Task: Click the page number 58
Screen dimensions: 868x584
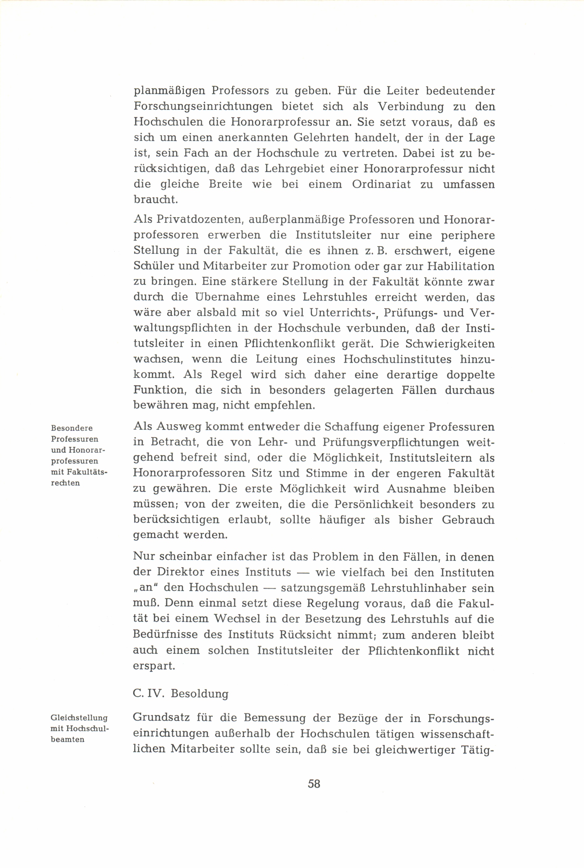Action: coord(314,784)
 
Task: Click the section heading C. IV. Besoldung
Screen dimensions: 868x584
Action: coord(181,694)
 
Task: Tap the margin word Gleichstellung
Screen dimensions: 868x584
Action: coord(79,718)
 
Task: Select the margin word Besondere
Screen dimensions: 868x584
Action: coord(72,428)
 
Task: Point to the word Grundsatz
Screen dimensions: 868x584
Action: coord(161,718)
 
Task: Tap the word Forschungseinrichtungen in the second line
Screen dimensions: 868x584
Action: coord(203,107)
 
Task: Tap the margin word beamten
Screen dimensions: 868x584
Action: coord(67,739)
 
